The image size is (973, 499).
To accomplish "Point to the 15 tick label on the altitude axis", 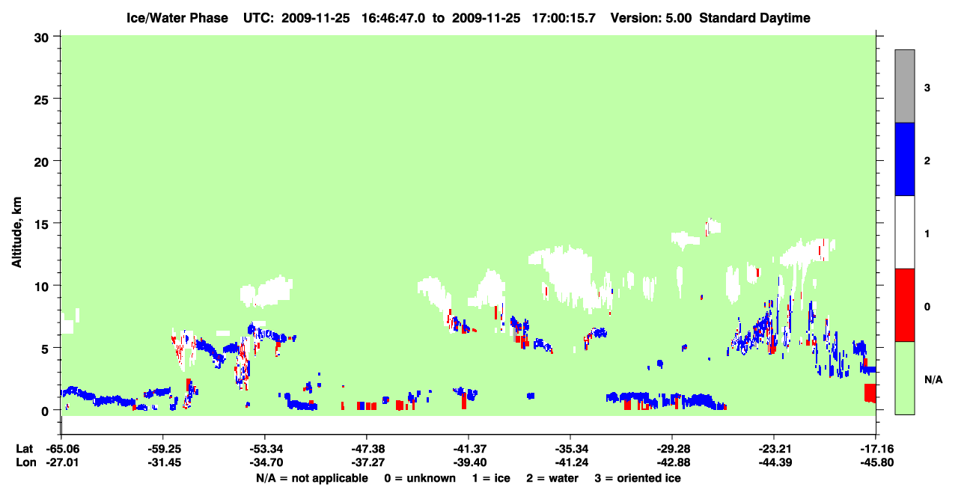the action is (x=41, y=224).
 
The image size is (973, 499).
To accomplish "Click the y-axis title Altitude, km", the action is (x=16, y=233).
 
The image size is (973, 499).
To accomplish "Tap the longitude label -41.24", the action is (x=571, y=462).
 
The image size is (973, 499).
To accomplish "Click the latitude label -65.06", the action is (x=62, y=449).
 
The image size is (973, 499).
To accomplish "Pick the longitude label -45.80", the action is (x=877, y=462).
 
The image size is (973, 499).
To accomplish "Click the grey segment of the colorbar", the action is (x=904, y=86).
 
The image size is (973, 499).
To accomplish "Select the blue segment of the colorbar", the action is (x=904, y=159).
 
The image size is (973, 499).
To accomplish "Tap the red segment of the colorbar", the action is (x=904, y=305).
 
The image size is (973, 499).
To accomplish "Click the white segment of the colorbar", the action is (x=904, y=233).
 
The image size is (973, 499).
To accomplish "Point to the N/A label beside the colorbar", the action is (x=933, y=380).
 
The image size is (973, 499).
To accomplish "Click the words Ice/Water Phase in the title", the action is (x=177, y=18).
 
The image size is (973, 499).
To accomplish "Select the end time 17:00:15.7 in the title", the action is (x=564, y=18).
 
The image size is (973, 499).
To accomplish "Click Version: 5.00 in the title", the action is (x=651, y=18).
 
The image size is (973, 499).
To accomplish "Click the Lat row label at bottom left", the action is (x=24, y=449).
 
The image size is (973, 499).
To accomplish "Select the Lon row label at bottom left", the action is (x=26, y=462).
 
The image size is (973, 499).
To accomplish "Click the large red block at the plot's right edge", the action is (x=870, y=393).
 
